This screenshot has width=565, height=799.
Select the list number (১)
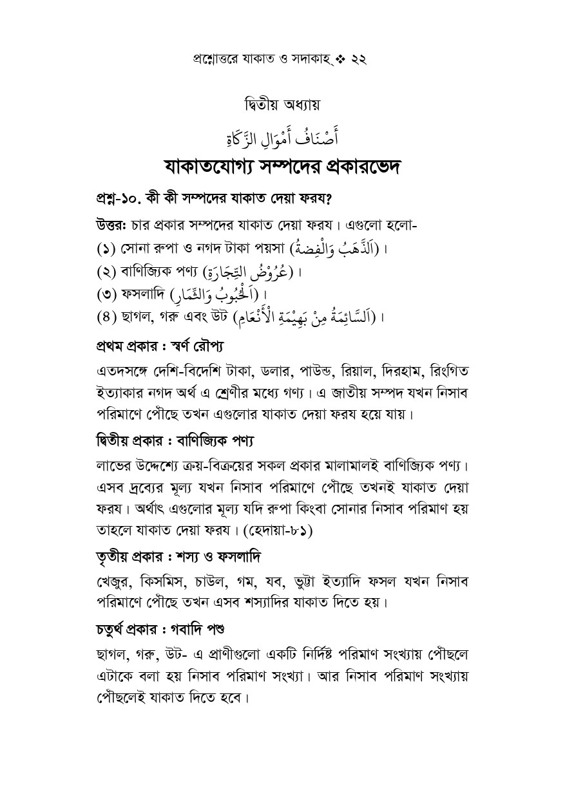point(108,249)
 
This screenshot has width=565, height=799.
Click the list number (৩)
point(108,296)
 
